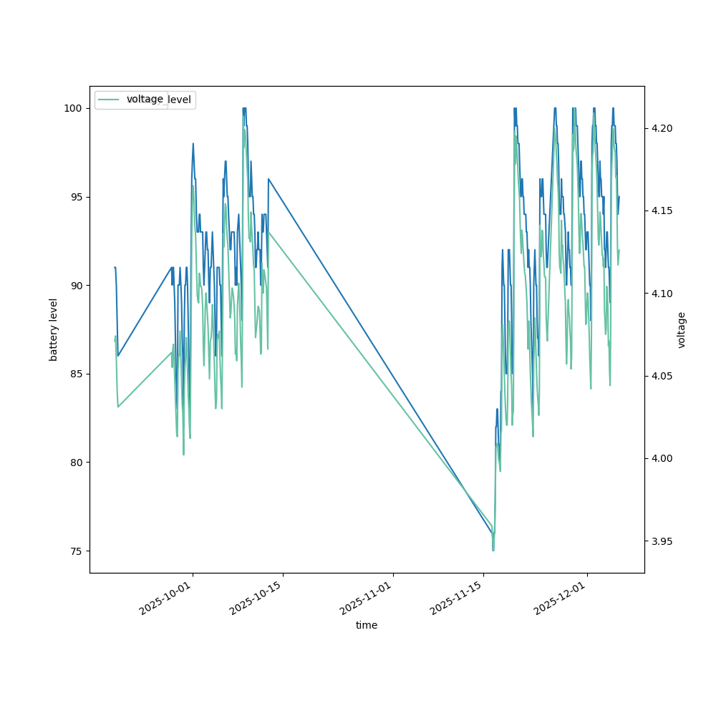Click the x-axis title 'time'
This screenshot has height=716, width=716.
point(367,625)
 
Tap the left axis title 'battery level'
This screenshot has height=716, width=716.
point(54,329)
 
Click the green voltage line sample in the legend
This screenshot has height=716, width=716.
point(109,100)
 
